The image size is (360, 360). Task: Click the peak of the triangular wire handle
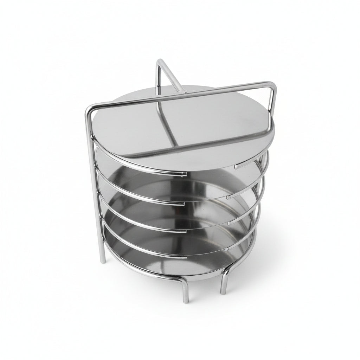coord(160,62)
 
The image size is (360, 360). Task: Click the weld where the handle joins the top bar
coord(182,93)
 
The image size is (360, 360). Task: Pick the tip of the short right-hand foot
coord(223,292)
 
